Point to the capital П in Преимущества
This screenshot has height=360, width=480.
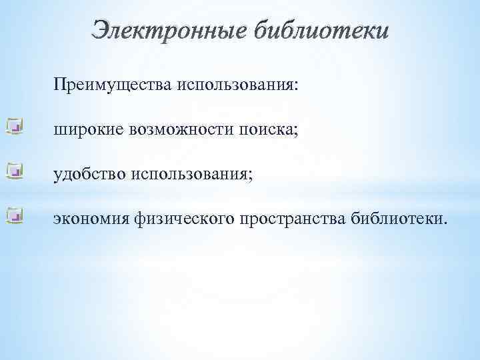60,85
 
